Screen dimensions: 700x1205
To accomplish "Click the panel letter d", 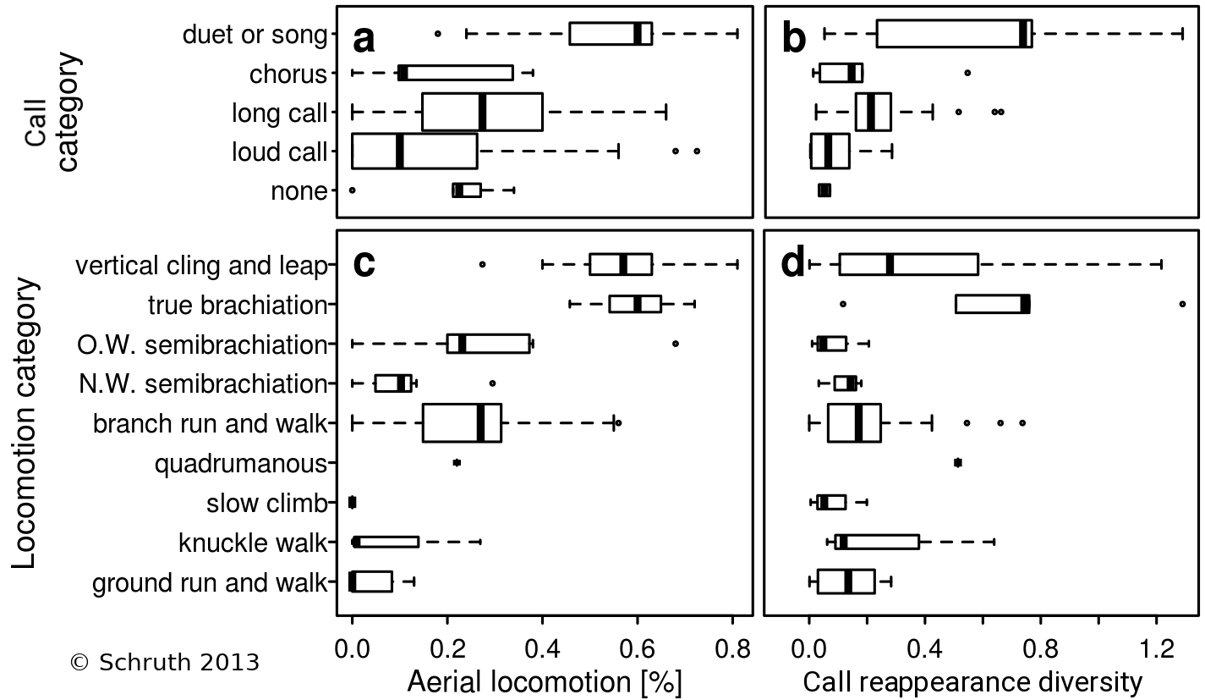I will tap(793, 265).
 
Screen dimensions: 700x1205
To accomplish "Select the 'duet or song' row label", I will tap(254, 35).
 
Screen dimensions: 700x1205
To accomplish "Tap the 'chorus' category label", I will tap(288, 74).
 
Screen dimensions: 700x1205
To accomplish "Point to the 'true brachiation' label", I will tap(237, 305).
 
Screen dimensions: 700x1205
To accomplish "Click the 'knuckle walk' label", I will tap(252, 543).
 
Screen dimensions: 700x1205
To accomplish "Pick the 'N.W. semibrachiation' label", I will tap(203, 384).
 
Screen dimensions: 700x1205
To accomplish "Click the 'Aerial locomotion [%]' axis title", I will tap(545, 681).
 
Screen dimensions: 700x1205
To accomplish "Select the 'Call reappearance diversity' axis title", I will tap(972, 681).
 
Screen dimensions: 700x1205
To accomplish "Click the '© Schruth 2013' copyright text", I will tap(164, 662).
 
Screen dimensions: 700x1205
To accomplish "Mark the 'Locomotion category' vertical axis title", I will tap(27, 423).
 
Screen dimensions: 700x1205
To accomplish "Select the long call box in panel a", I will tap(482, 112).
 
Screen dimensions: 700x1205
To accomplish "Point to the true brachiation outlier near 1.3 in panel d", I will tap(1182, 304).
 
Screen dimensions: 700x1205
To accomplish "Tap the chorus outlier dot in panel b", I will tap(967, 73).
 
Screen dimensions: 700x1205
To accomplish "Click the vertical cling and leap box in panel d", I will tap(908, 265).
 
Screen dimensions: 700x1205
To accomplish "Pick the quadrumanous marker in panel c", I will tap(457, 462).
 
